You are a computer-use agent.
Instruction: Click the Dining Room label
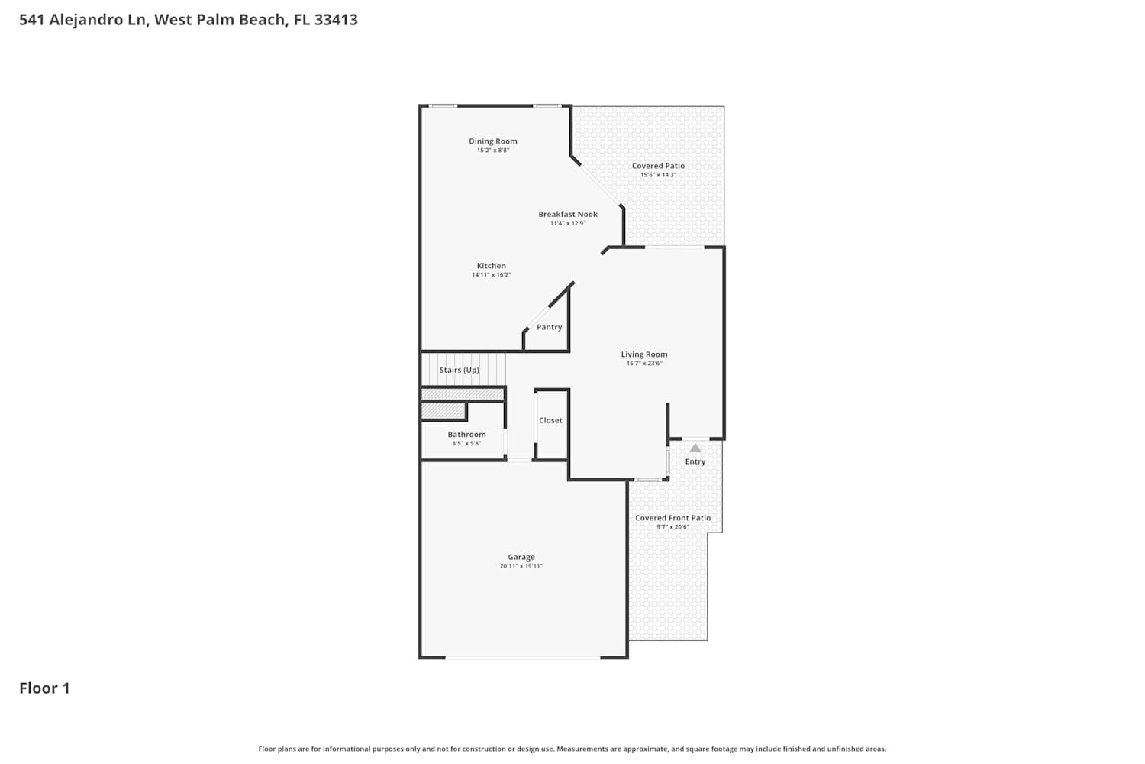[493, 141]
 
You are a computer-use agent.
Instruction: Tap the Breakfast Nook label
[568, 215]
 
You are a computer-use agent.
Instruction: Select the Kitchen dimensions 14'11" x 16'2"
[492, 275]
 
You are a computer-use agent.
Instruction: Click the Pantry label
[549, 327]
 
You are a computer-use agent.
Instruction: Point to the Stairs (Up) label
[460, 370]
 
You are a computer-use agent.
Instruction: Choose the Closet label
[550, 420]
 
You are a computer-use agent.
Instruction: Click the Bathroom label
[466, 435]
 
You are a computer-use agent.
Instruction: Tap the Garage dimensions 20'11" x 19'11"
[521, 566]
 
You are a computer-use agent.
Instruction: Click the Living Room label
[644, 354]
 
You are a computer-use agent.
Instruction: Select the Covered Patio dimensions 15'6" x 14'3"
[658, 175]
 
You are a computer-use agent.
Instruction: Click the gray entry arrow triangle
[695, 448]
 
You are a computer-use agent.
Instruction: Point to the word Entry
[695, 461]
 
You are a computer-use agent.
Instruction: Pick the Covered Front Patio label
[672, 518]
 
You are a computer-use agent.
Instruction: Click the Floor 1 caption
[44, 688]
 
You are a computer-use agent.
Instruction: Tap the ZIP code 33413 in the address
[336, 20]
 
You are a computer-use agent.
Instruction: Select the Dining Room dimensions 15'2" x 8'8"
[493, 151]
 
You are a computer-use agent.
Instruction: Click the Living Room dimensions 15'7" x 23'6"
[644, 364]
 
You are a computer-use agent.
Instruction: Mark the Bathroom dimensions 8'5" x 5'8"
[466, 444]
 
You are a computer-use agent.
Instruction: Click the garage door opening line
[523, 657]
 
